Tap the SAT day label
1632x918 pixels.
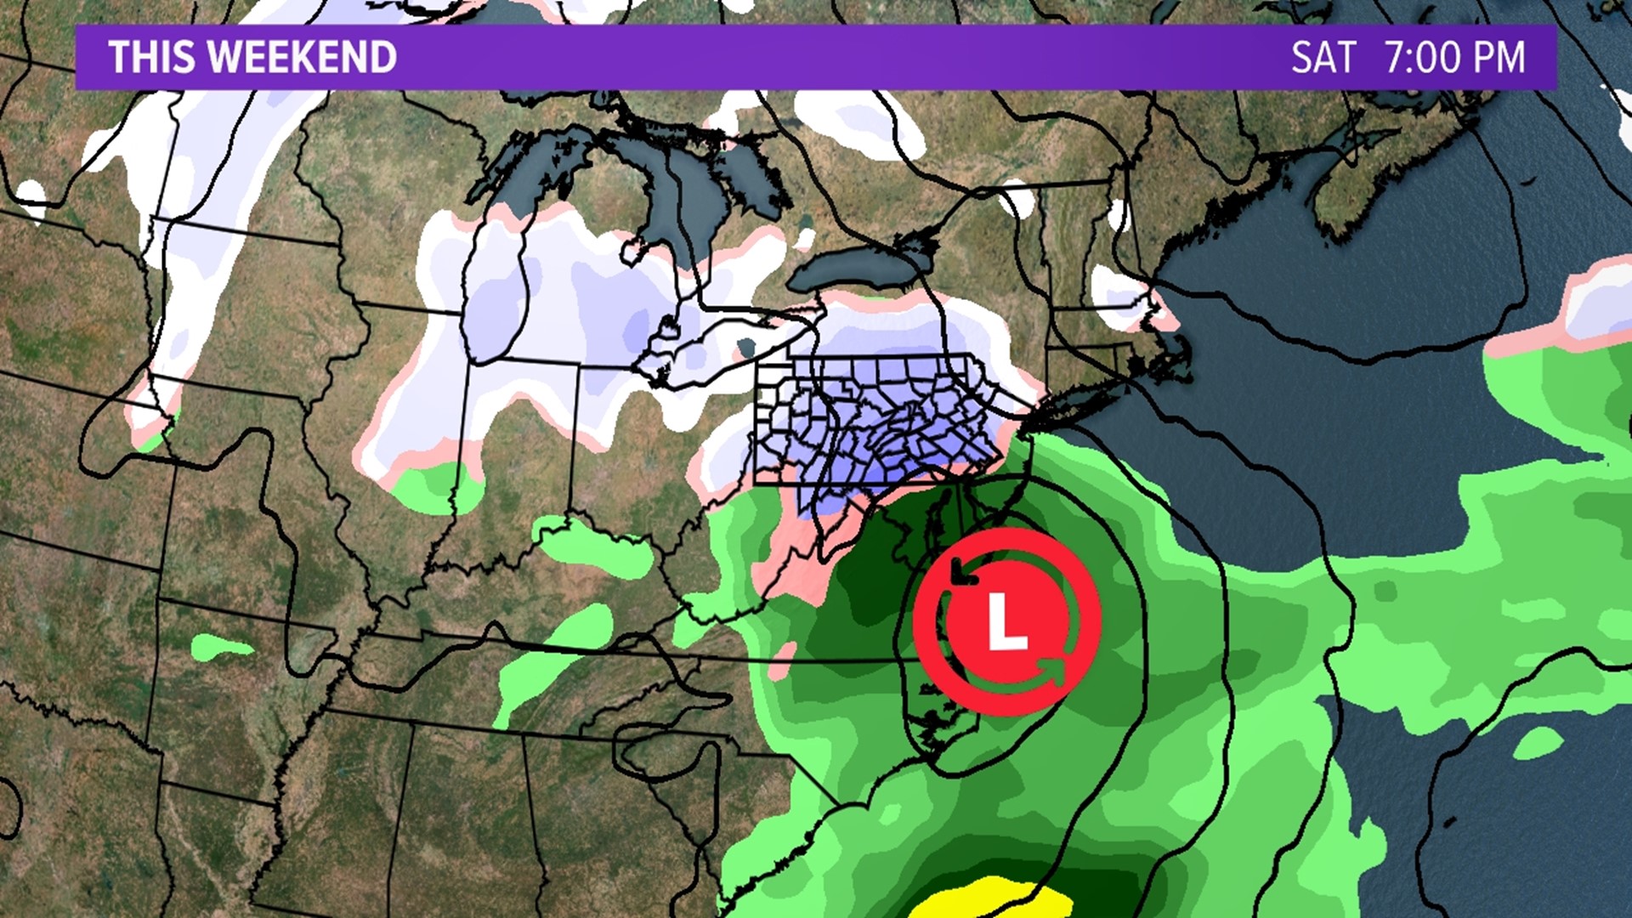tap(1323, 57)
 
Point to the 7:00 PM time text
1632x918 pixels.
tap(1455, 57)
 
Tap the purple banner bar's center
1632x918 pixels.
tap(816, 57)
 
